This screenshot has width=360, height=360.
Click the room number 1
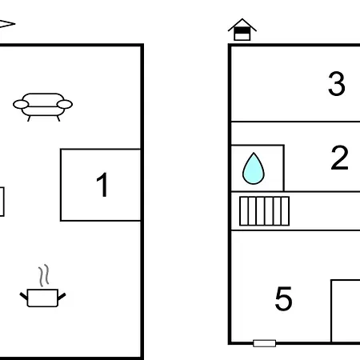coord(102,185)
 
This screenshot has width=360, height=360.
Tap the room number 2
coord(339,158)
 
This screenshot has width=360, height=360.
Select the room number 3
coord(337,83)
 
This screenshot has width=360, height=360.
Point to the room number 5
coord(283,298)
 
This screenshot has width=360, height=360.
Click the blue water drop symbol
coord(254,169)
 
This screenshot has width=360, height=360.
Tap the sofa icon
coord(42,107)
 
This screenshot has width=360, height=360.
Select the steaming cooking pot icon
coord(42,286)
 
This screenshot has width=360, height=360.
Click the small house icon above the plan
coord(242,30)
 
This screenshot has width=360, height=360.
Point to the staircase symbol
coord(264,211)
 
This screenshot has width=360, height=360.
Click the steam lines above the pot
coord(44,275)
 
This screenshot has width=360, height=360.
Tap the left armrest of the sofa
coord(21,104)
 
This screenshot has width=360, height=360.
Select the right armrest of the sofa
coord(65,104)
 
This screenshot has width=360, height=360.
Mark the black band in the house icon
coord(242,30)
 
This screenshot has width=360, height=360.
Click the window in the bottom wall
coord(264,343)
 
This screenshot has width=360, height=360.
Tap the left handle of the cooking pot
coord(23,296)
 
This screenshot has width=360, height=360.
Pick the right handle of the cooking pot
coord(62,296)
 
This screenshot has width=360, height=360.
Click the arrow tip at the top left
coord(15,24)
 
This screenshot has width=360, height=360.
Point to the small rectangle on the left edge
coord(2,202)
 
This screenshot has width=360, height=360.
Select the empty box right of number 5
coord(346,310)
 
